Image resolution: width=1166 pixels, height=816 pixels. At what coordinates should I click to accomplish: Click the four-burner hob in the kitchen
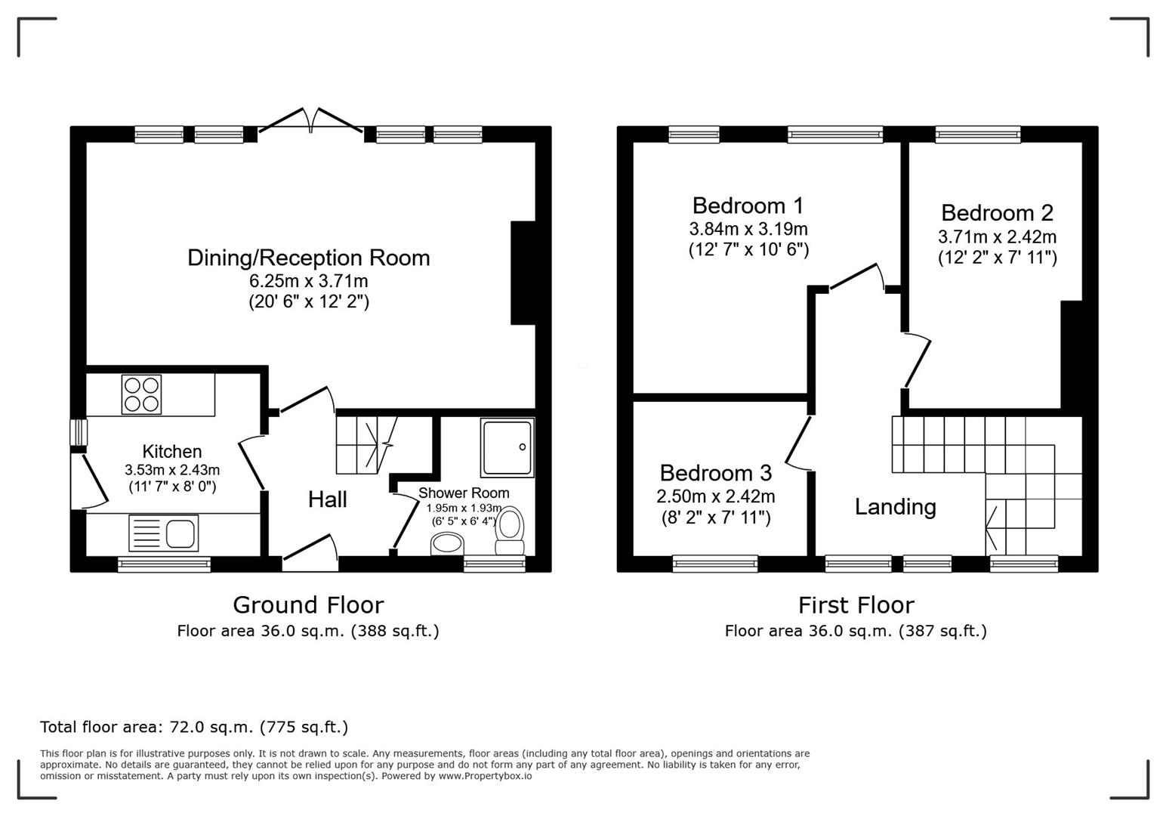[141, 394]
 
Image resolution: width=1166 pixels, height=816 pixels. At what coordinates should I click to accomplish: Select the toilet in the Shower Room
[511, 532]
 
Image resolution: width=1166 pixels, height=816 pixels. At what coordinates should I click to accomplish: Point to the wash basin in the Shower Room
[447, 543]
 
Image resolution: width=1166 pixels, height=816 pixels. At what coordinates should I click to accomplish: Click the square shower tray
[507, 449]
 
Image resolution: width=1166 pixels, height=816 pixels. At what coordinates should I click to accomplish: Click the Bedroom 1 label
[748, 206]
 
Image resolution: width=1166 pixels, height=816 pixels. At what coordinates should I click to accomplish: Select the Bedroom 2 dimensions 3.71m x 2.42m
[997, 236]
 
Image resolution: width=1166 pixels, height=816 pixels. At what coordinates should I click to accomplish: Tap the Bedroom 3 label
[715, 473]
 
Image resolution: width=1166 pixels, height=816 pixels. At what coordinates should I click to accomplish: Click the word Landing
[895, 506]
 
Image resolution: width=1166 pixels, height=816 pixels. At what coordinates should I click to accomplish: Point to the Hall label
[327, 499]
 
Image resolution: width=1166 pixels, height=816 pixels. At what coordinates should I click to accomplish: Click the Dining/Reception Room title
[308, 258]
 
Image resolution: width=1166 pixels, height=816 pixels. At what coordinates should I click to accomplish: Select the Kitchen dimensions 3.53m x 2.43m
[172, 470]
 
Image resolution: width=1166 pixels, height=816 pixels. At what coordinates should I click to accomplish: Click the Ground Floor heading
[308, 604]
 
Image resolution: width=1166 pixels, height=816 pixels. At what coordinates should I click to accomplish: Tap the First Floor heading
[856, 604]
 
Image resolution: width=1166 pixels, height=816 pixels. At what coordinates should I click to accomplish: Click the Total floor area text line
[194, 727]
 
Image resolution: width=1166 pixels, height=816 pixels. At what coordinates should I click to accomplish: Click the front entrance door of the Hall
[310, 549]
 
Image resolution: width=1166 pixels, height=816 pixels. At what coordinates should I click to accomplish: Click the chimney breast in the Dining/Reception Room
[523, 273]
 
